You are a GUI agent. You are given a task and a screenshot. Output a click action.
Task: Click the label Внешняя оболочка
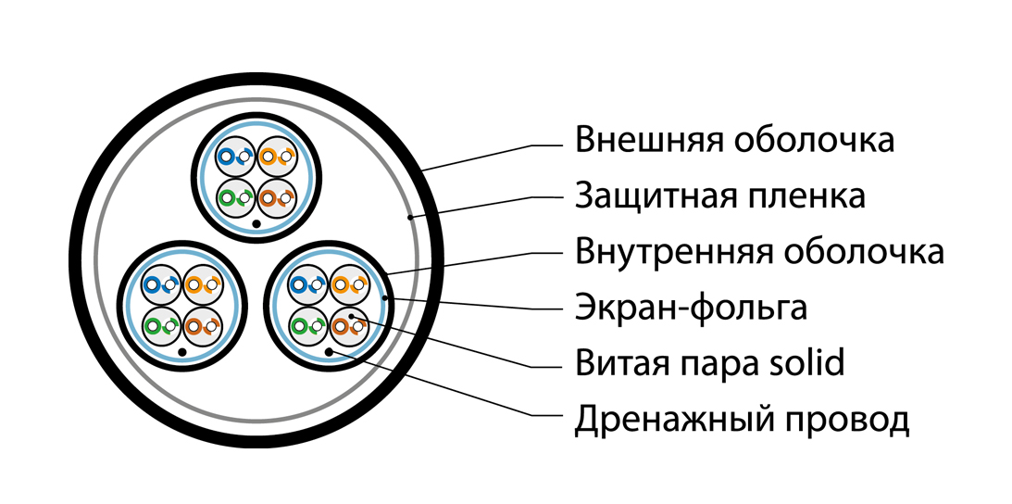[x=734, y=140]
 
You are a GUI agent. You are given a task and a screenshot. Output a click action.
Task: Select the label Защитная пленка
[x=719, y=195]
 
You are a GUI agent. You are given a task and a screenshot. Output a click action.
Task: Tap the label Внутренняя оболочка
[x=759, y=251]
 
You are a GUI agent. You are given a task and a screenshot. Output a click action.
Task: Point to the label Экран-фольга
[x=692, y=309]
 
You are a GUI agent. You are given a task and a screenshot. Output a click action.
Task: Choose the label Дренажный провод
[x=743, y=420]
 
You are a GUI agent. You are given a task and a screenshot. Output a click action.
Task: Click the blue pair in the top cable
[x=235, y=157]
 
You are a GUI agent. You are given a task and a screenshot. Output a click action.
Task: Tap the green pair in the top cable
[x=235, y=197]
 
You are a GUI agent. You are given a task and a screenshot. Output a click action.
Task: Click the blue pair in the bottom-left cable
[x=162, y=284]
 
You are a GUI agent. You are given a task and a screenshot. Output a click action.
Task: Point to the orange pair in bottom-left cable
[x=204, y=284]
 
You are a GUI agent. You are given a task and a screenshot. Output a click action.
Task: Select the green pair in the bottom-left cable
[x=162, y=325]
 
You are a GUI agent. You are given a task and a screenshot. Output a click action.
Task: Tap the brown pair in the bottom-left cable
[x=204, y=325]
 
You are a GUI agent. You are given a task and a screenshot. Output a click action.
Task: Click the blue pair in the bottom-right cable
[x=307, y=284]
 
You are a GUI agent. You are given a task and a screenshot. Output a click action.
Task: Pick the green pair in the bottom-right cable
[x=307, y=325]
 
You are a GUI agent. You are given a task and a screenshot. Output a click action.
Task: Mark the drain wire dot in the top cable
[x=256, y=224]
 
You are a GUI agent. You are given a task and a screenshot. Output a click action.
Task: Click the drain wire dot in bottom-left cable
[x=182, y=352]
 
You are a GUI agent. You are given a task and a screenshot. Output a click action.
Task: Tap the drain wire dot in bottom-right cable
[x=329, y=351]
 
